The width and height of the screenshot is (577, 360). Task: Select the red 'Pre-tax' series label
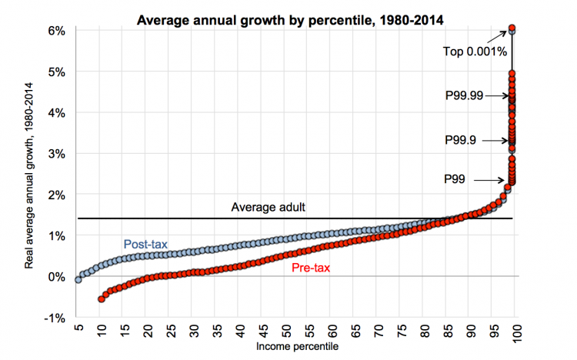tap(312, 268)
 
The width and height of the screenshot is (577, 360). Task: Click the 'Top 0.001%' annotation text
tap(475, 52)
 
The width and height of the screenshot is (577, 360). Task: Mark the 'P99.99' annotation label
tap(465, 95)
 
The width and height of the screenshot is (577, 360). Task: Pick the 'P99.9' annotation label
tap(465, 140)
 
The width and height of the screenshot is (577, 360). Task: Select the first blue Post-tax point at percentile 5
tap(78, 279)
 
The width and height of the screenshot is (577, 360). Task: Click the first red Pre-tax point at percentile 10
tap(102, 298)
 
